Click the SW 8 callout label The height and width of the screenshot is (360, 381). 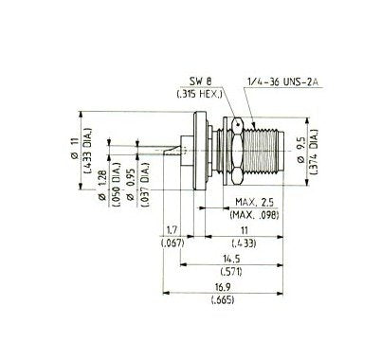click(x=200, y=81)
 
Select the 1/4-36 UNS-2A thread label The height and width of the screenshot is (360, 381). click(x=283, y=81)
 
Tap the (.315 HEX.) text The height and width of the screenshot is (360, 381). click(x=199, y=94)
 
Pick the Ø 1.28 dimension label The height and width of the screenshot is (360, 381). click(x=101, y=187)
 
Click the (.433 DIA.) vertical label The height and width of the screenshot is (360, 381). click(x=87, y=151)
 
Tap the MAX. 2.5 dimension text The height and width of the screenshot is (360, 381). click(x=255, y=202)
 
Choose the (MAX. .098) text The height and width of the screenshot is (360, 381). click(x=255, y=215)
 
